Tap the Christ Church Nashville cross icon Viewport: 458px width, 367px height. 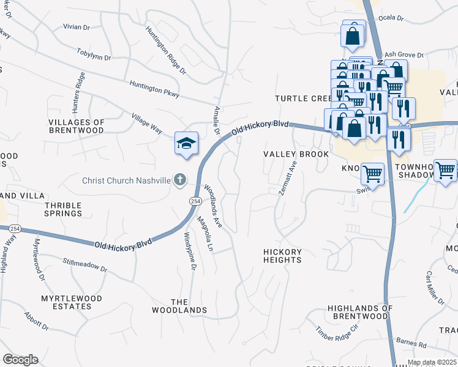coord(179,180)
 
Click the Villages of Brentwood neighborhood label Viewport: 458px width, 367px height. coord(77,127)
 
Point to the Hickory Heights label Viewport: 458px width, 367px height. coord(282,256)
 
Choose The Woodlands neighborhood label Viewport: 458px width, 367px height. coord(189,306)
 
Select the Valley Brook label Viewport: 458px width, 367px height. coord(296,155)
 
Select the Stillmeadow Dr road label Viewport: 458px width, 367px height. coord(85,265)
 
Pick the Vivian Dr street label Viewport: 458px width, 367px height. coord(77,27)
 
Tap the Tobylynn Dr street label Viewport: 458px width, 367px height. coord(94,54)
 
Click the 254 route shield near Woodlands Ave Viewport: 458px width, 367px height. coord(195,201)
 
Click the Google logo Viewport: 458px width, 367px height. coord(20,359)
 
